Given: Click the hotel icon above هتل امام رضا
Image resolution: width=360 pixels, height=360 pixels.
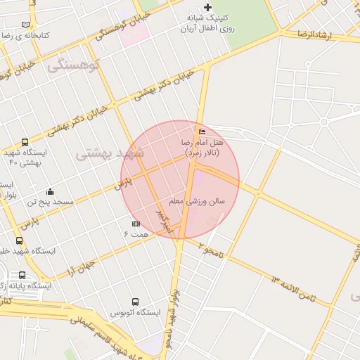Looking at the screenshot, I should click(x=202, y=132).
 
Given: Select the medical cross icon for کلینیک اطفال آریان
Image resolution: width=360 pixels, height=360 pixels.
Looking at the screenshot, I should click(x=207, y=7).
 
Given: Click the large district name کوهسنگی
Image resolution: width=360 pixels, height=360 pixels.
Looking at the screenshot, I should click(x=74, y=65).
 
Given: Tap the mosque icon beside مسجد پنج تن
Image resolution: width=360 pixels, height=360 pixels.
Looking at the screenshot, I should click(x=50, y=191).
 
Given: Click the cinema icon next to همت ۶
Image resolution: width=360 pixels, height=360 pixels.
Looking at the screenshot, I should click(x=136, y=224).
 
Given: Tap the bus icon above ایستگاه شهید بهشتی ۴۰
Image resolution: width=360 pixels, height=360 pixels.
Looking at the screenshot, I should click(x=25, y=141).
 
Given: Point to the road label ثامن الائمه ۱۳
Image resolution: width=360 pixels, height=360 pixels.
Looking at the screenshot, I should click(x=294, y=288).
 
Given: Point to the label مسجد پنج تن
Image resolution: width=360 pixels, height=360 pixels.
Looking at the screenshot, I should click(x=50, y=202).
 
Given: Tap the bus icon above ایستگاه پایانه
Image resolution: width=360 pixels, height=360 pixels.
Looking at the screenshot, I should click(x=22, y=276).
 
